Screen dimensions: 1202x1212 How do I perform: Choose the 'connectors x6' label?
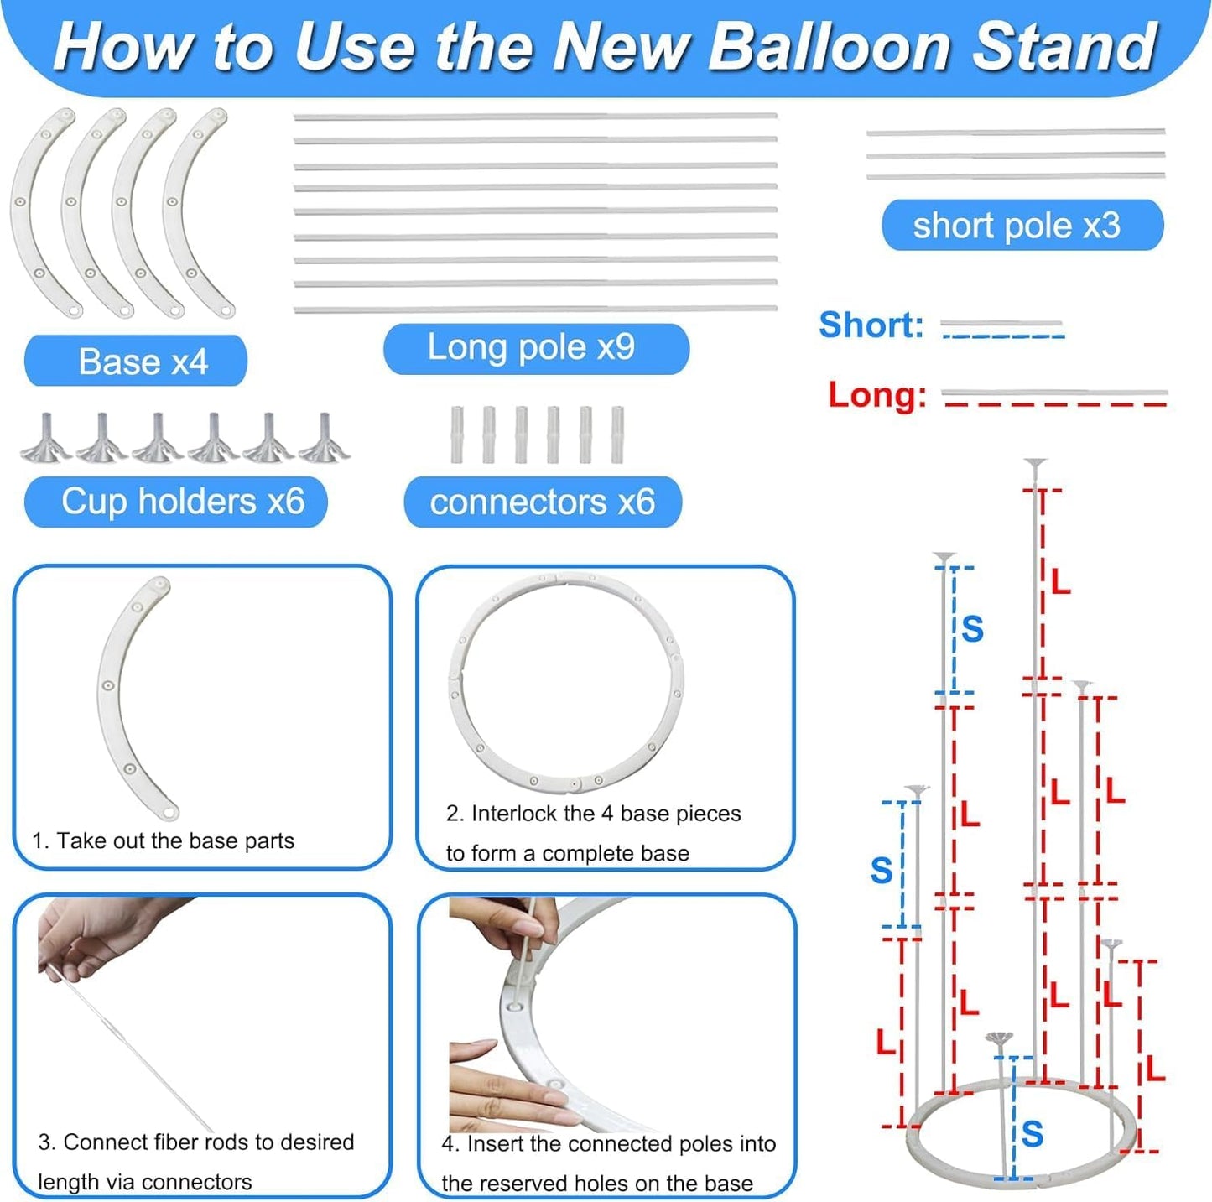pyautogui.click(x=543, y=502)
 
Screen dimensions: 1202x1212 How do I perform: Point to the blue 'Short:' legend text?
pyautogui.click(x=871, y=325)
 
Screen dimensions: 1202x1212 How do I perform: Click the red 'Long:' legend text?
pyautogui.click(x=877, y=394)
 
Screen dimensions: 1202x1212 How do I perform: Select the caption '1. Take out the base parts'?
pyautogui.click(x=164, y=840)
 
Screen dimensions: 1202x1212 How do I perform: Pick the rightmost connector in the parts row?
pyautogui.click(x=617, y=434)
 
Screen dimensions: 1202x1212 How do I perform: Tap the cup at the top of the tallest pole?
pyautogui.click(x=1036, y=464)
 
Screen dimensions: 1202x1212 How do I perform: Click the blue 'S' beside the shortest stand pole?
pyautogui.click(x=1033, y=1134)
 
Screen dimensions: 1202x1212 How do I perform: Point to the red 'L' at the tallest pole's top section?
pyautogui.click(x=1060, y=580)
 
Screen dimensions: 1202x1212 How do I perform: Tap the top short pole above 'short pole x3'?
pyautogui.click(x=1015, y=133)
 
